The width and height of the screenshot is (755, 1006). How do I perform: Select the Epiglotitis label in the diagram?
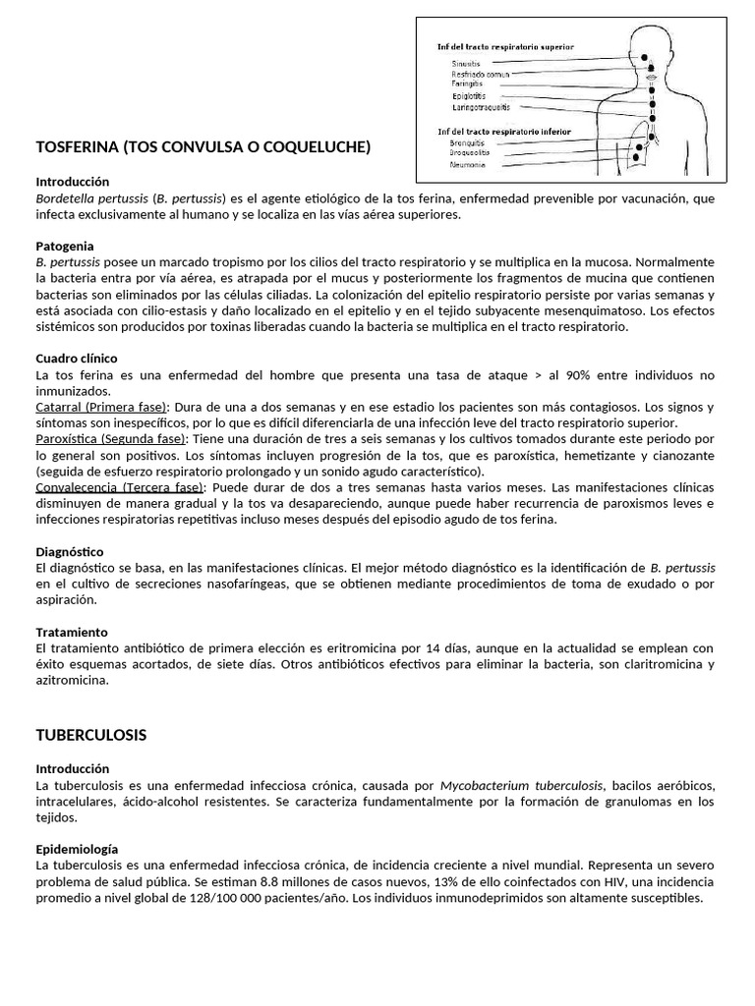[468, 96]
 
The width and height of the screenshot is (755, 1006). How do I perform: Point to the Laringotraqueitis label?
[481, 107]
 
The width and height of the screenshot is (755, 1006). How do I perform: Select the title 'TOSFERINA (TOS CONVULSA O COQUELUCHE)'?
[203, 147]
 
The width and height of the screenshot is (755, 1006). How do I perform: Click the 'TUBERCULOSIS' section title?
[91, 734]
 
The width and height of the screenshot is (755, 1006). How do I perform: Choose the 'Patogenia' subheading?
[66, 246]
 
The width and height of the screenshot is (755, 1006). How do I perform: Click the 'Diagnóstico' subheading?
[69, 552]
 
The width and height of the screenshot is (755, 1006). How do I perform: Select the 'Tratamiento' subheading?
[72, 632]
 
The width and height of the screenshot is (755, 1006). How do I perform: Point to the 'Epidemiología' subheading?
[77, 848]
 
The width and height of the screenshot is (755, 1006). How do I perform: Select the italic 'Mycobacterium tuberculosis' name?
[521, 785]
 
